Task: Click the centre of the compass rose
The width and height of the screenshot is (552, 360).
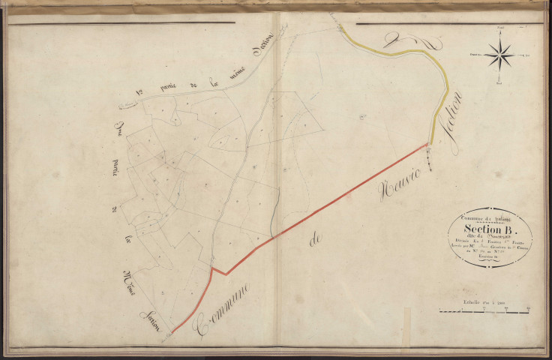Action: point(499,55)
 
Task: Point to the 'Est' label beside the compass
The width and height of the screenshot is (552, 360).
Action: point(527,55)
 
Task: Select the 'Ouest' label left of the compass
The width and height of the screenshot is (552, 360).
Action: point(473,55)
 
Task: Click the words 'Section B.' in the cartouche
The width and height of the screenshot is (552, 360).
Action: point(490,229)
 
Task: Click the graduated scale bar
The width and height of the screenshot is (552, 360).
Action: point(484,309)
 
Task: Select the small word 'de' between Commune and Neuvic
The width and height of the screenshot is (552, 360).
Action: point(313,242)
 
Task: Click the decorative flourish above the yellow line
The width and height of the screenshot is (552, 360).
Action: point(400,38)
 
